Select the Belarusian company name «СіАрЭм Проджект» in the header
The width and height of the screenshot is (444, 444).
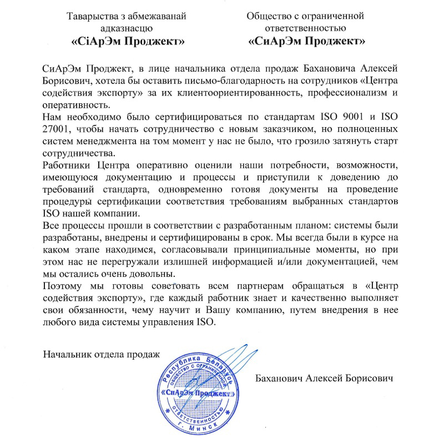(x=128, y=41)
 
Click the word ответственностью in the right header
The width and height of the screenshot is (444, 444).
(x=307, y=29)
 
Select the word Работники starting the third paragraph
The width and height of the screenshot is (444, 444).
(x=67, y=164)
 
